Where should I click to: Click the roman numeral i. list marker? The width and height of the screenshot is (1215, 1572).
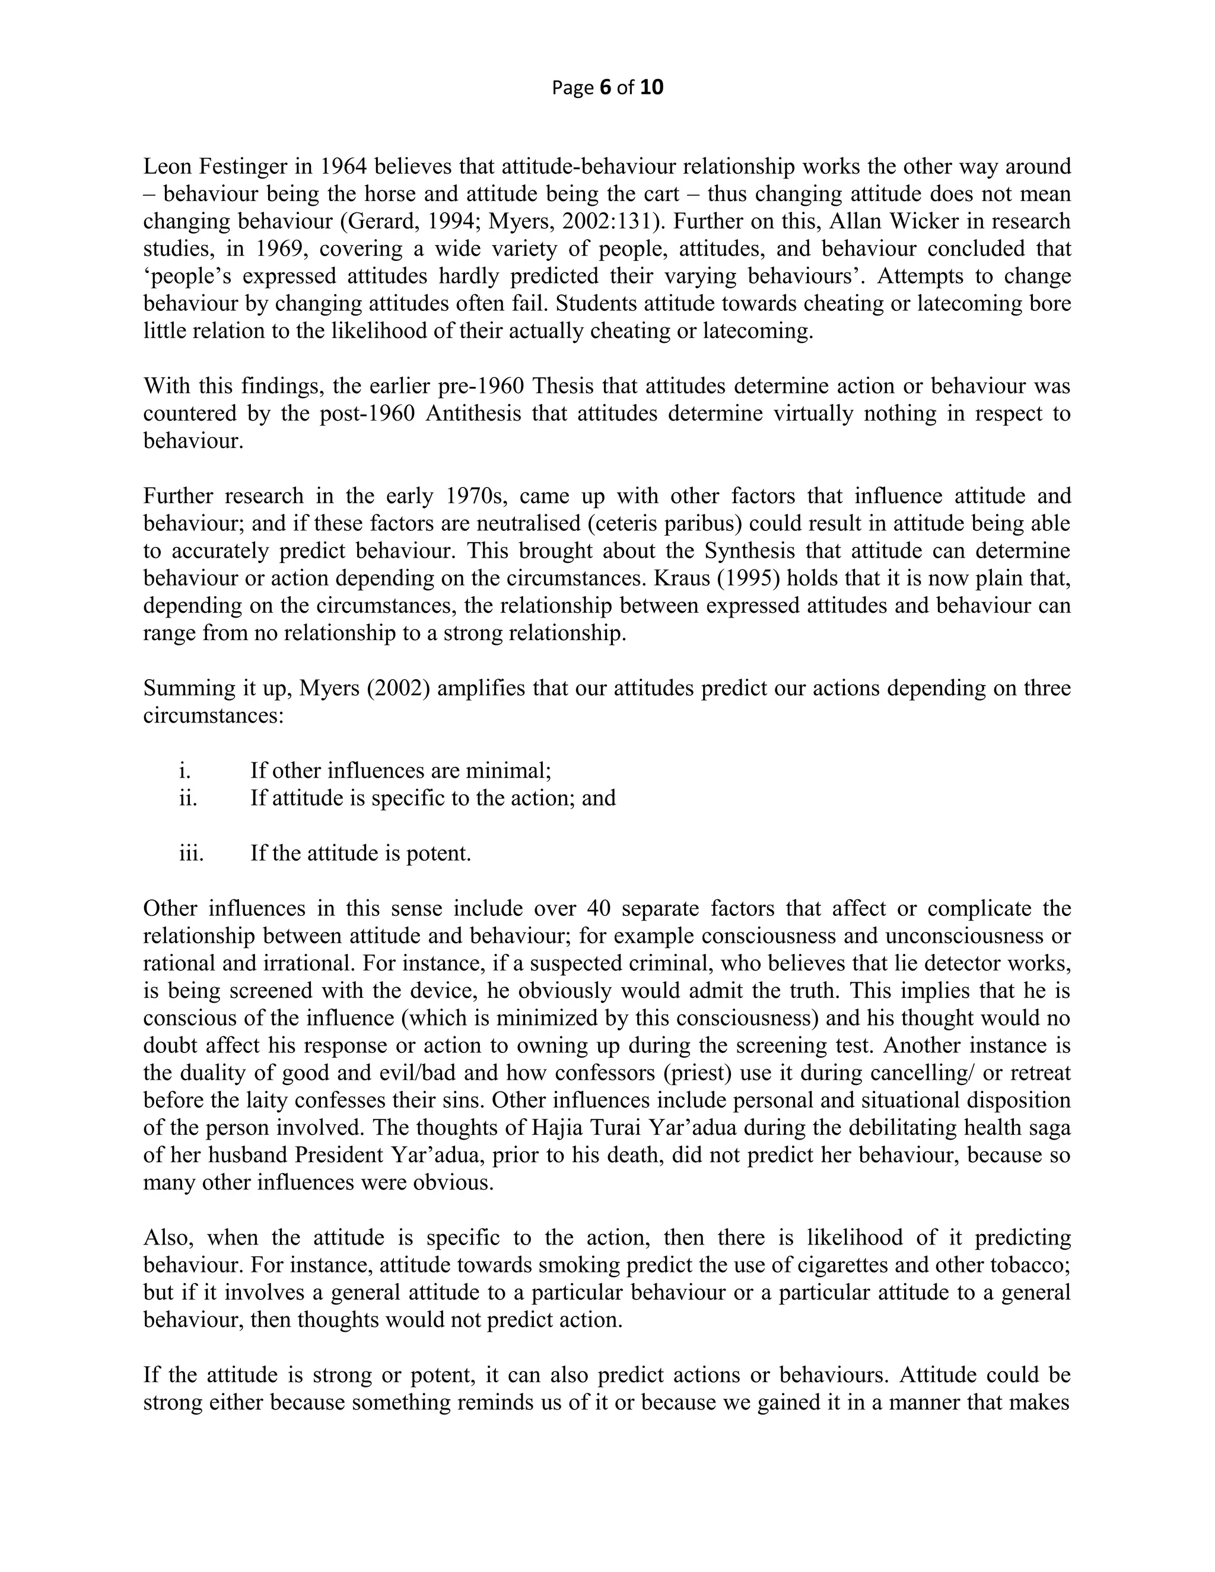pyautogui.click(x=185, y=771)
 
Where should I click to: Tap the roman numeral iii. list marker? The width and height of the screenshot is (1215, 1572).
pyautogui.click(x=191, y=854)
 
